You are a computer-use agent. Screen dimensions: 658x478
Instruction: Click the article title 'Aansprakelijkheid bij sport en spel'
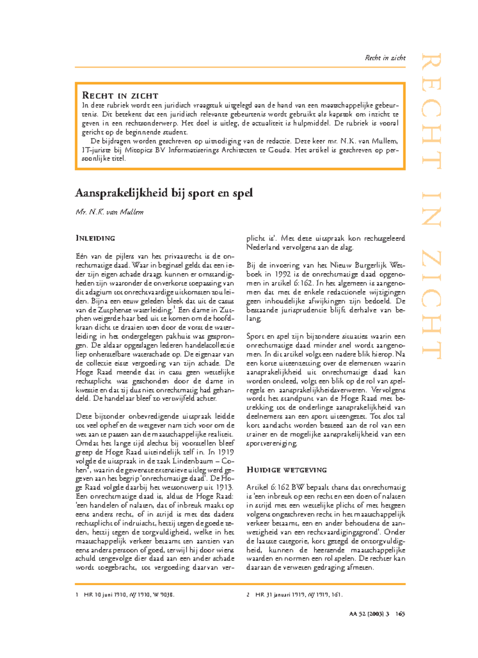pos(164,193)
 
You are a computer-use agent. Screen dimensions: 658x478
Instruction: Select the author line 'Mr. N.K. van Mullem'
pos(110,212)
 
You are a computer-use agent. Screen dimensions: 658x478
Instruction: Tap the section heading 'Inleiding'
pos(95,238)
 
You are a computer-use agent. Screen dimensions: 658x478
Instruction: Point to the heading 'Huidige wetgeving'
pos(286,470)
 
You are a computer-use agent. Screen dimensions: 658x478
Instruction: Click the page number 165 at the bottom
pos(400,614)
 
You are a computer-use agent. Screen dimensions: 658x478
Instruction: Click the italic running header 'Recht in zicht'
pos(385,58)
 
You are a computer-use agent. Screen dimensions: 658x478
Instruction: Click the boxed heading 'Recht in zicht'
pos(120,96)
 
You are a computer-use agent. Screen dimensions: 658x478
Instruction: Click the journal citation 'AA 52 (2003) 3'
pos(369,614)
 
